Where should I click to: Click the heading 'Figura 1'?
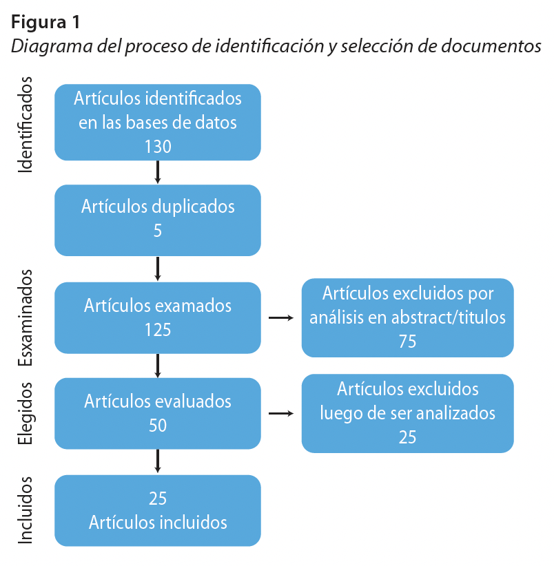click(x=45, y=22)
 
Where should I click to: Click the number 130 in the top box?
click(x=158, y=146)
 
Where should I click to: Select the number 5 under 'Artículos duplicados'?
click(x=158, y=231)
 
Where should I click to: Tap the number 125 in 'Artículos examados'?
click(x=158, y=329)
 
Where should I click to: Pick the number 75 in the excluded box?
click(x=407, y=341)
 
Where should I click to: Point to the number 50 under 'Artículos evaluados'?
click(x=158, y=426)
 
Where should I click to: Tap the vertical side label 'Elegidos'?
click(x=25, y=413)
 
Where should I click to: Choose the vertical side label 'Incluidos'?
click(x=25, y=510)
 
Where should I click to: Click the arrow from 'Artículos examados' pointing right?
click(x=280, y=318)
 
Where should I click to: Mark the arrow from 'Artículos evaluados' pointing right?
click(x=280, y=413)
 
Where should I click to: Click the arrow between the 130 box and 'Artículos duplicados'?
click(x=158, y=171)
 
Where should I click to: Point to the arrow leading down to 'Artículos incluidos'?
click(x=158, y=461)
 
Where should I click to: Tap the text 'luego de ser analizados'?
click(x=407, y=413)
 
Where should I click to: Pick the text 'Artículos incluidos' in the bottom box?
click(x=158, y=522)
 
